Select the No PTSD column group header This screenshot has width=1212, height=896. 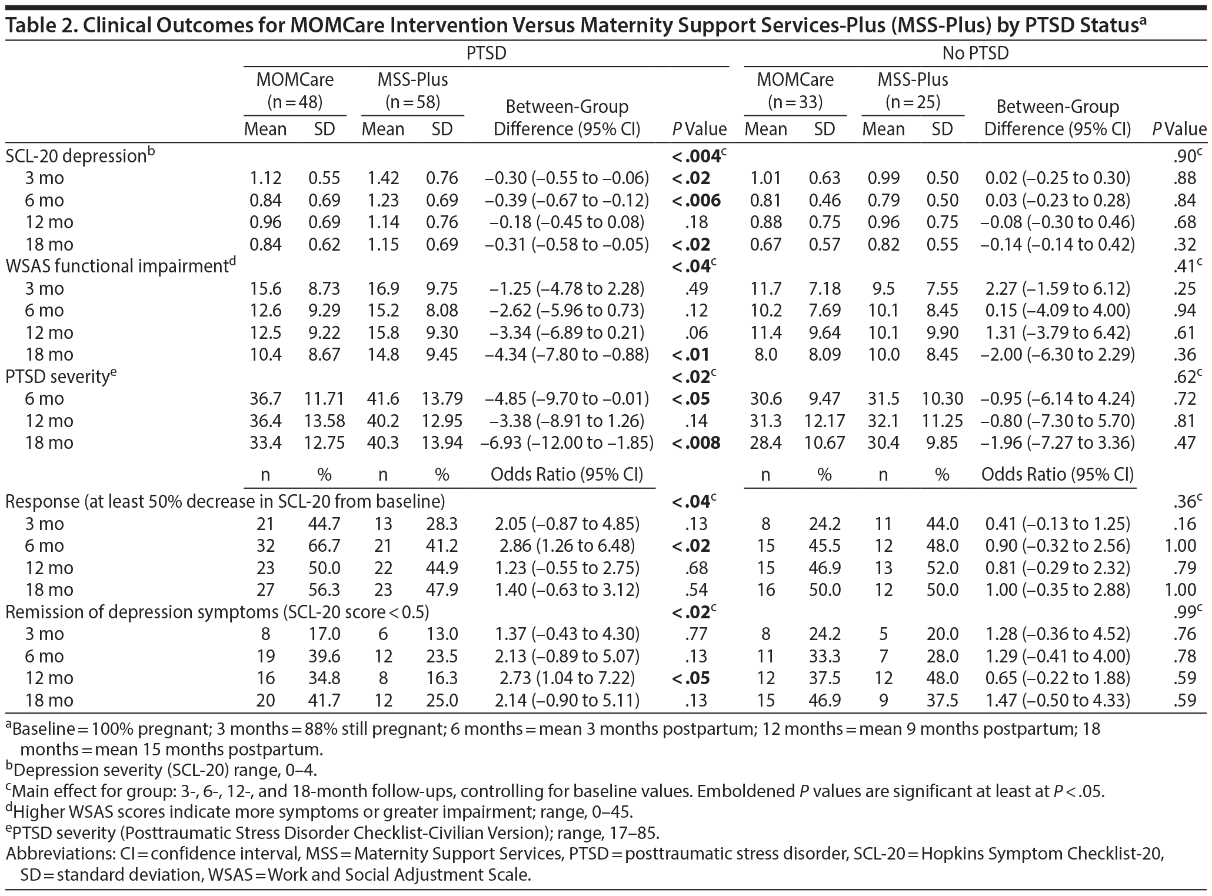pos(975,54)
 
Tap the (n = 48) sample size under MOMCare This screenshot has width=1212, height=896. pos(295,102)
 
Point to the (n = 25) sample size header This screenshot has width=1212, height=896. pos(913,102)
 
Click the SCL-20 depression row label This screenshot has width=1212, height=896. pos(76,156)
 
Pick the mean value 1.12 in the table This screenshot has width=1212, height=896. pos(265,178)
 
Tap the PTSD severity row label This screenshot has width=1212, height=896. pos(58,377)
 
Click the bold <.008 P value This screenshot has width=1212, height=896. pos(696,443)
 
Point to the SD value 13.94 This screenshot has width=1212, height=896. pos(442,443)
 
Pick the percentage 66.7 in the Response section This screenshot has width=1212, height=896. pos(324,546)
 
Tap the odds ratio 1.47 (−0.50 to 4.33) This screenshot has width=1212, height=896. pos(1057,700)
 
